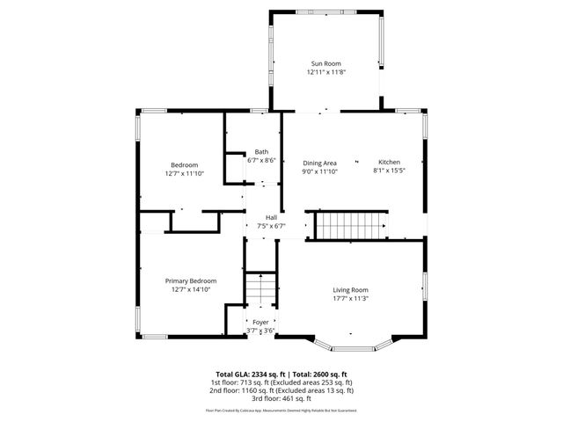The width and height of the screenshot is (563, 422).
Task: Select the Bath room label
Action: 262,151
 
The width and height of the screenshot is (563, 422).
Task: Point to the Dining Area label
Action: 320,163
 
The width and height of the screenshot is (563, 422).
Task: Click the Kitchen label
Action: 389,163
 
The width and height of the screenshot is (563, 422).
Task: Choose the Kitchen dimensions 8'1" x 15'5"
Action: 389,172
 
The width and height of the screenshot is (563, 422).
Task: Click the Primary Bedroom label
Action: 191,280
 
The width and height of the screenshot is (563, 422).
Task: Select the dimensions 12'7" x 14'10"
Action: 191,290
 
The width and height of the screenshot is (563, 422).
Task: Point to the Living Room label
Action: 350,289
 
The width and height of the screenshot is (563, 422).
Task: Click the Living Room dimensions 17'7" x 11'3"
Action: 350,299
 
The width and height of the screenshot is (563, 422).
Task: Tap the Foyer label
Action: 261,322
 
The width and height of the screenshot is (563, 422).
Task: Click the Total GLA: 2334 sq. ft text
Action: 248,374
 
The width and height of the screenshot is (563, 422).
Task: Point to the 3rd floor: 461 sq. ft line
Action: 281,398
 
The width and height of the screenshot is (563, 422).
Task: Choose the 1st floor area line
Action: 281,382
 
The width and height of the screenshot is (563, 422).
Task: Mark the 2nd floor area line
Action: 281,390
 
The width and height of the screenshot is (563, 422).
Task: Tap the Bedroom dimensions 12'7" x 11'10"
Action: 185,174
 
